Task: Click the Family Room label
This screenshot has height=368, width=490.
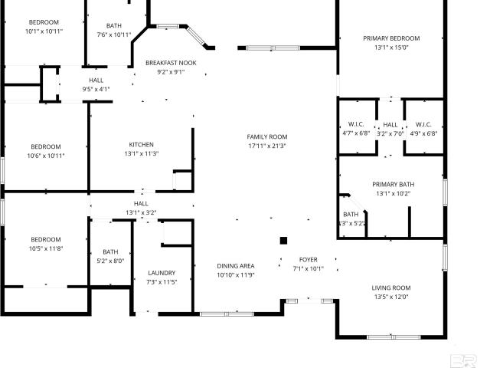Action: [x=267, y=136]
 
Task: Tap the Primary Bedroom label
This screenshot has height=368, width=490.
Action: [x=391, y=38]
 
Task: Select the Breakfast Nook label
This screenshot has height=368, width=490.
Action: [x=171, y=63]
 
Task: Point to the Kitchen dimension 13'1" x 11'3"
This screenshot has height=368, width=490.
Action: [x=142, y=153]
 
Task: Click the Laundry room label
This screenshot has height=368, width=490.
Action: [x=162, y=273]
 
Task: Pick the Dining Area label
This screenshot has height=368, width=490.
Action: [x=236, y=266]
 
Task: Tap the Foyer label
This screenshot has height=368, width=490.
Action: [x=308, y=260]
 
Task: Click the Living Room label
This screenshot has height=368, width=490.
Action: [x=391, y=288]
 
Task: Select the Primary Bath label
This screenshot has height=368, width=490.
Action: [x=393, y=184]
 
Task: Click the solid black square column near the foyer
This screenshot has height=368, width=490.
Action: [x=283, y=241]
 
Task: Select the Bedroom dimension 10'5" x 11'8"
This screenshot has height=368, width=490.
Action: [x=46, y=248]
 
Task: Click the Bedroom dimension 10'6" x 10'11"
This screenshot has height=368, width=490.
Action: [x=46, y=156]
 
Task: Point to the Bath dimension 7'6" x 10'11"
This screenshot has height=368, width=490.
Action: [x=114, y=34]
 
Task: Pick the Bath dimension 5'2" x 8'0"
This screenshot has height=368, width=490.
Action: [x=110, y=261]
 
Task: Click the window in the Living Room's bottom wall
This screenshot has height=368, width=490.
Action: [x=394, y=337]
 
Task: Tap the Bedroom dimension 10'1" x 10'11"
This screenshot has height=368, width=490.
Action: [x=44, y=31]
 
